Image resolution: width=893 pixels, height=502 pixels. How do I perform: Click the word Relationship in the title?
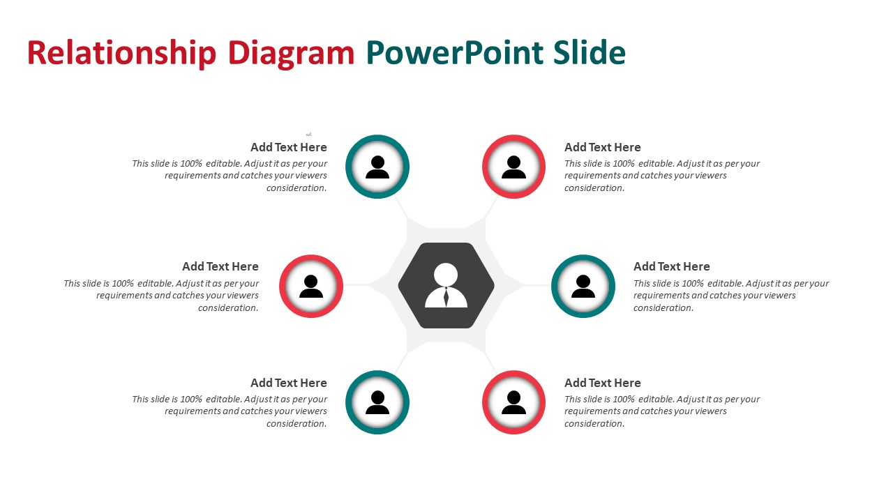[121, 53]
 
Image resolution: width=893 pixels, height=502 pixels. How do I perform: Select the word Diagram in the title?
[291, 54]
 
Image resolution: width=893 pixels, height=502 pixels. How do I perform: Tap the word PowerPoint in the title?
[454, 53]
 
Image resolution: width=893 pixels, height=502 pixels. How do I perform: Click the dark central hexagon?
[446, 285]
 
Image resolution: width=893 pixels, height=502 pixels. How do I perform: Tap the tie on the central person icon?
[446, 297]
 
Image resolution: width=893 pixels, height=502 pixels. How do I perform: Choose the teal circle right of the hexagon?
[554, 286]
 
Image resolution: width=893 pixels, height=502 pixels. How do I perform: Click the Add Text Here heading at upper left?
[289, 147]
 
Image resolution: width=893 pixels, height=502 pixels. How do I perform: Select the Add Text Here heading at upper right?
[602, 147]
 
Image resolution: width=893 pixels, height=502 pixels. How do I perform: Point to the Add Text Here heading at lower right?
[602, 383]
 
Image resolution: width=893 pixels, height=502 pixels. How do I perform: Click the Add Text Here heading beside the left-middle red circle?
[220, 266]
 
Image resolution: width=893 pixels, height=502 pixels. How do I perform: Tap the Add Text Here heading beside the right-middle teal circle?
[672, 266]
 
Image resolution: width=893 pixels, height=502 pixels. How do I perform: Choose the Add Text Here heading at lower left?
[289, 383]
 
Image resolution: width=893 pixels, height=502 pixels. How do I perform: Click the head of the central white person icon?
[446, 274]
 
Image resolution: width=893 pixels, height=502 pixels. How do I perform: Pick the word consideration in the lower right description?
[594, 424]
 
